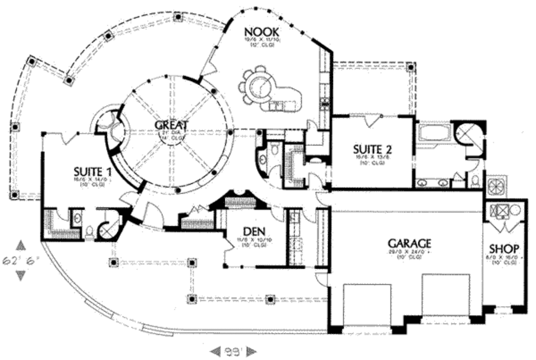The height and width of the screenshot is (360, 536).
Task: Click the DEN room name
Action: pos(254,231)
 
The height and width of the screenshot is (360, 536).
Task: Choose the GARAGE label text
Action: pos(409,243)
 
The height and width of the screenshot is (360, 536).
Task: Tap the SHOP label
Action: pos(504,249)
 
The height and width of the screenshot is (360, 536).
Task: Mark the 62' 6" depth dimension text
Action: pos(21,260)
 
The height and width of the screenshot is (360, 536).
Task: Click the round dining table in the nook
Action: pos(260,83)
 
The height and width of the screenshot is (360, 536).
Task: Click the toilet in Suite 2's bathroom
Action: pos(475,181)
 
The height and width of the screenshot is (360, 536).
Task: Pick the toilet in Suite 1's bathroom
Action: pos(90,230)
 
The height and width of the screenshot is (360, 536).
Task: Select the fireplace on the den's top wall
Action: pos(240,201)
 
